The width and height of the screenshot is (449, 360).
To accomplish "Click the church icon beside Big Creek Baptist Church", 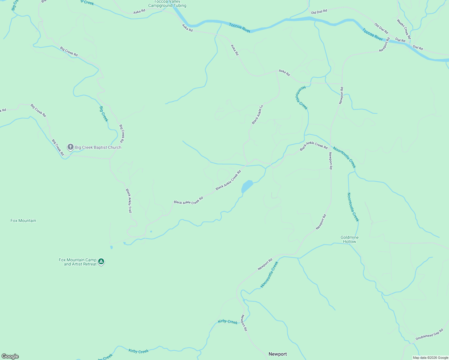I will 70,147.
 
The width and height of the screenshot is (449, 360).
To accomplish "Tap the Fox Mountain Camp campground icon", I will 101,262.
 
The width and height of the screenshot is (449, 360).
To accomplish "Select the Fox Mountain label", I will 23,220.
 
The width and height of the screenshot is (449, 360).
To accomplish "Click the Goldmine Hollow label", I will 349,239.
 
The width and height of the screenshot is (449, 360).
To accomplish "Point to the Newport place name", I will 278,354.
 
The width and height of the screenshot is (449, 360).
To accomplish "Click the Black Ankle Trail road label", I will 129,201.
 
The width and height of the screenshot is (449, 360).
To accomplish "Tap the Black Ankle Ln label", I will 258,114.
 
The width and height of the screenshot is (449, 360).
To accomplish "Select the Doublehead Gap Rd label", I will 429,334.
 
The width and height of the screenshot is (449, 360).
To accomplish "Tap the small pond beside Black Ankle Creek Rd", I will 247,187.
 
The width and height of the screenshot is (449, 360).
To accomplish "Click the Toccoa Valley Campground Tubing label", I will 167,4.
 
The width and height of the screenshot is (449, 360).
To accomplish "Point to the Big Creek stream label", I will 104,114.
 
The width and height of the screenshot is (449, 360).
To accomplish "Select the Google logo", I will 10,356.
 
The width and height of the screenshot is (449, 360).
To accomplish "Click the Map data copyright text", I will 430,358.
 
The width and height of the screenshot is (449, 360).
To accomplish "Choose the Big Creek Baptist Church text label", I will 98,147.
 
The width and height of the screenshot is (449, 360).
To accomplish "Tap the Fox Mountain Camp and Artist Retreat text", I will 78,262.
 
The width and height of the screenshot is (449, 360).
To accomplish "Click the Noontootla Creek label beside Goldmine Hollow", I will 353,207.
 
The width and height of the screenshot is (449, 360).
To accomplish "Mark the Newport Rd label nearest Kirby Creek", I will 244,322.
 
